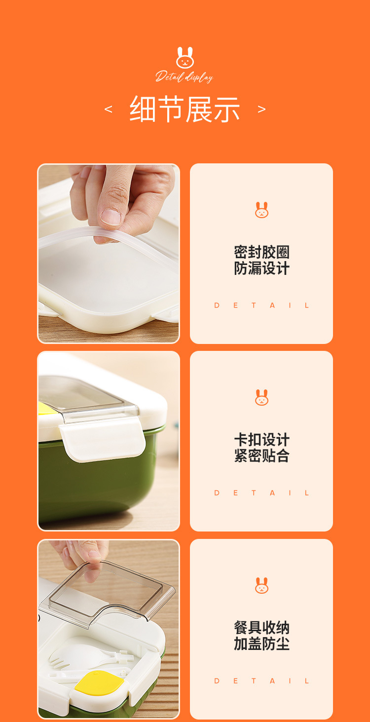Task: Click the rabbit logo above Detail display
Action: (185, 58)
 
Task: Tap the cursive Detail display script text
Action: (185, 76)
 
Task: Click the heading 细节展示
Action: (185, 109)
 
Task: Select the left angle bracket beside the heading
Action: (109, 109)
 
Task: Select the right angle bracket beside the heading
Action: (261, 109)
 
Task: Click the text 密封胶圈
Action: (261, 252)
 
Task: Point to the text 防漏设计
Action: (261, 268)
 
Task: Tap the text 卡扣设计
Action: (261, 440)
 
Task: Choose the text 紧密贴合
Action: (261, 456)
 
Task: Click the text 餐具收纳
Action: (261, 628)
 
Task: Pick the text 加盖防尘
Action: (261, 644)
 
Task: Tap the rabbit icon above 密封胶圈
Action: (261, 210)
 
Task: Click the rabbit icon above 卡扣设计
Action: (261, 397)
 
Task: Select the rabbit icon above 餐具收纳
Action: (261, 585)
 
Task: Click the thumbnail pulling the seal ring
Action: (109, 254)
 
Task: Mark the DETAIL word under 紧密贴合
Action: (261, 493)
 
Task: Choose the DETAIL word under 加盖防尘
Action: (261, 681)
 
